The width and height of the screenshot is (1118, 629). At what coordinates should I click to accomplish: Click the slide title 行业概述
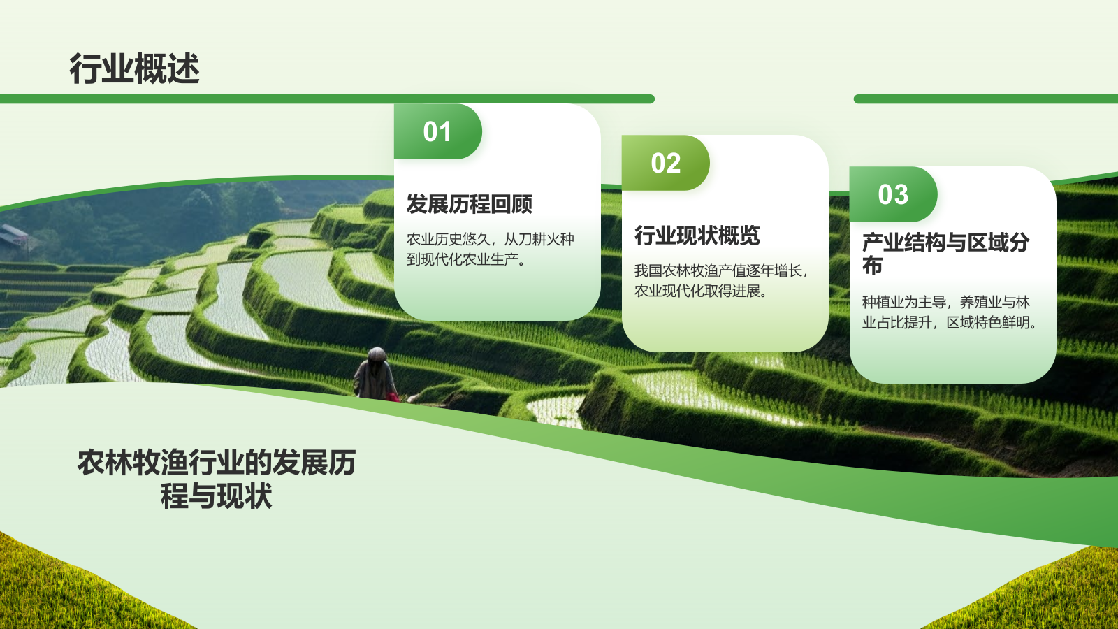coord(134,68)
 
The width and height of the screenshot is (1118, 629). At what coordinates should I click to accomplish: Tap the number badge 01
coord(437,132)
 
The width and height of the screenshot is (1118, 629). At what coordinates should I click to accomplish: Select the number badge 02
coord(665,164)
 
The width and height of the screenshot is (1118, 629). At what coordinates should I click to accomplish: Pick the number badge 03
coord(893,195)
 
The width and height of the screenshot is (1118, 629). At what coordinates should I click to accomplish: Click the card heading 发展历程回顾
coord(469,204)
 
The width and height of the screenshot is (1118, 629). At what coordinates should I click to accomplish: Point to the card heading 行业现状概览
coord(697,236)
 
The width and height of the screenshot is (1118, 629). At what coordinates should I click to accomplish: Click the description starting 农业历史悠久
coord(490,250)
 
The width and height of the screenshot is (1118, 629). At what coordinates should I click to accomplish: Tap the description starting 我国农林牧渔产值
coord(720,280)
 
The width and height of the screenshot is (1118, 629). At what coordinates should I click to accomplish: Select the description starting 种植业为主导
coord(949,312)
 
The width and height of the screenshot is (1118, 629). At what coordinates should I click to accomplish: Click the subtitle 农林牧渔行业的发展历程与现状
coord(217,479)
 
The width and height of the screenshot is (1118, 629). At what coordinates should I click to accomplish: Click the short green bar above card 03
coord(985,99)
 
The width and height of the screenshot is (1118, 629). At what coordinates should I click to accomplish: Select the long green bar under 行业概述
coord(327,99)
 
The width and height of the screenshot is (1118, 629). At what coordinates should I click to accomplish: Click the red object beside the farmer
coord(393,397)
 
